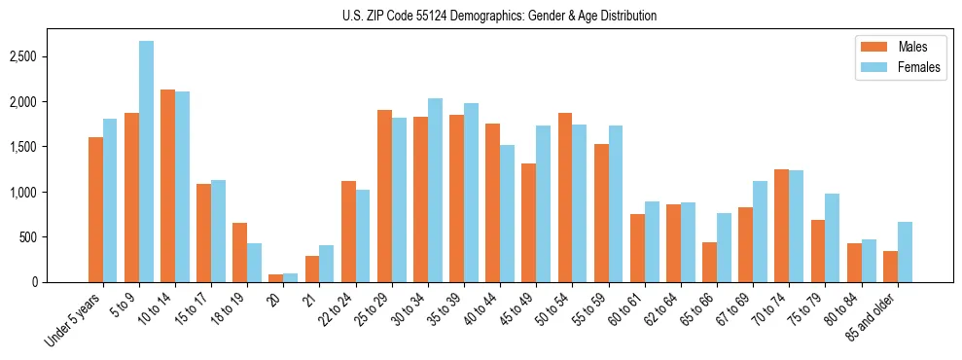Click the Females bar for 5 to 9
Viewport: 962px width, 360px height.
[x=146, y=162]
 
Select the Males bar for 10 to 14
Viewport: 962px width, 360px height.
[x=167, y=186]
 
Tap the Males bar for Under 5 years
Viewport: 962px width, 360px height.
[x=95, y=209]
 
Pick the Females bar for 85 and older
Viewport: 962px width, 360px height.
[x=905, y=252]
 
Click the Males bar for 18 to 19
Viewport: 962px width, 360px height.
[x=239, y=252]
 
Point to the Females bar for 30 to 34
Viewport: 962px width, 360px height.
[x=435, y=190]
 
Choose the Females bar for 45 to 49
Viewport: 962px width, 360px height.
[x=543, y=203]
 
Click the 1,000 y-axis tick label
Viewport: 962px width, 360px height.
[x=51, y=192]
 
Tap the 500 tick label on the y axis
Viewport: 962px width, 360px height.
[x=55, y=237]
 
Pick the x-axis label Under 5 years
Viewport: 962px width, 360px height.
[x=74, y=319]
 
